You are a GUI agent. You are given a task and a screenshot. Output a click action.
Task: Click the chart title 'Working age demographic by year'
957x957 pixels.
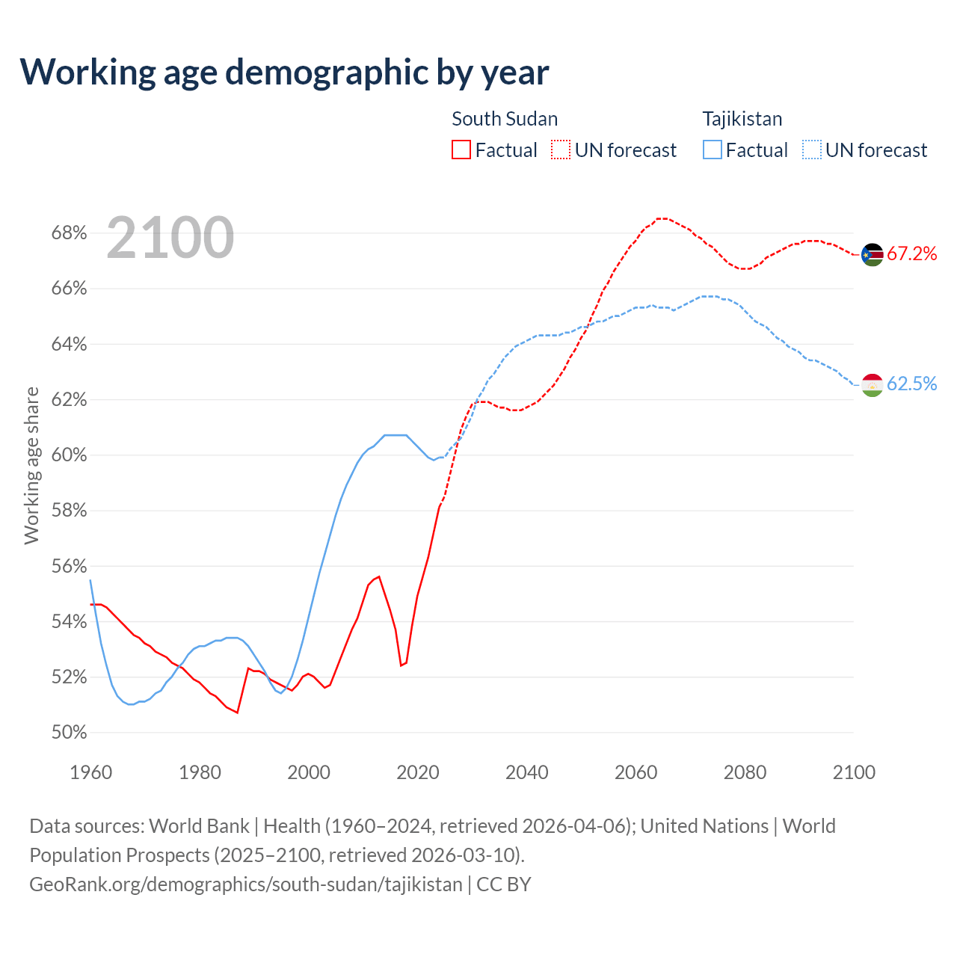[284, 73]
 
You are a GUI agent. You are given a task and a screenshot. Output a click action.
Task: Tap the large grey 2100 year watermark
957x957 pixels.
[170, 238]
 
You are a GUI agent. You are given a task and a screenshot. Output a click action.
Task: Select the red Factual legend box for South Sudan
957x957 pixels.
[461, 150]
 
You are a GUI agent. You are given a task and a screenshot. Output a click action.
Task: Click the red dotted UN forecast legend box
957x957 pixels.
[561, 150]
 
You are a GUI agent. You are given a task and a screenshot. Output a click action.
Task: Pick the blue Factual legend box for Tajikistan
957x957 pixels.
[713, 150]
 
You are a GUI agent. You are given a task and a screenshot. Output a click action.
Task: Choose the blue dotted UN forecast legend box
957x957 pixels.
[812, 150]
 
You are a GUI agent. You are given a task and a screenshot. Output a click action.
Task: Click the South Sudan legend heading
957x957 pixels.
[505, 119]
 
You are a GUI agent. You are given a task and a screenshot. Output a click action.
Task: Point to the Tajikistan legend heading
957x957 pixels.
[742, 119]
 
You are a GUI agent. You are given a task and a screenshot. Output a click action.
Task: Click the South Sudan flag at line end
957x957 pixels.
[873, 255]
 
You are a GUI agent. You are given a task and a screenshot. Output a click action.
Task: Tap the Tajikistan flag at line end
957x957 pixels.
[873, 384]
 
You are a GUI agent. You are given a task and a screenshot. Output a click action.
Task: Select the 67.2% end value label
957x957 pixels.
[911, 253]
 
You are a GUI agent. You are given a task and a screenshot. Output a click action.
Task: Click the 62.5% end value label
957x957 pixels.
[911, 384]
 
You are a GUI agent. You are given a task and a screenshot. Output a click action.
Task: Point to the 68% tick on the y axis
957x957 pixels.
[69, 233]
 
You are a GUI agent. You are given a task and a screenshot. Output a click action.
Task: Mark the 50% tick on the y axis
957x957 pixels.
[69, 733]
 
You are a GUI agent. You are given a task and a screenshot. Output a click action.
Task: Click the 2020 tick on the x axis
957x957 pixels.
[417, 772]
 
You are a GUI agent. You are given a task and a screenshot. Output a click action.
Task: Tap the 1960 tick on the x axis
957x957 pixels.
[91, 772]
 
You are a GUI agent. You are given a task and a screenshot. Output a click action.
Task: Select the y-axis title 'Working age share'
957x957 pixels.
[31, 465]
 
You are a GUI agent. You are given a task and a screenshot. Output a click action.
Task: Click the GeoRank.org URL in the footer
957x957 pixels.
[246, 884]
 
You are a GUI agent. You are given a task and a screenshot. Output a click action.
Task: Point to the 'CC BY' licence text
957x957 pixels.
[504, 884]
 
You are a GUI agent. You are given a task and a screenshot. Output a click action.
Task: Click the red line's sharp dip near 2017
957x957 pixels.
[401, 665]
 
